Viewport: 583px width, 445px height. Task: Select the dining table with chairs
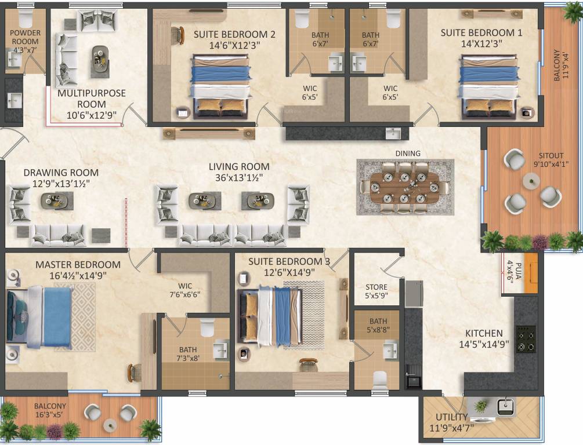(405, 187)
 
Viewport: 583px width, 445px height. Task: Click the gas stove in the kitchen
(526, 339)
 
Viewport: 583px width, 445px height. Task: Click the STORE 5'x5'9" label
(376, 291)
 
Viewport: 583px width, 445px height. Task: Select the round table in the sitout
(531, 182)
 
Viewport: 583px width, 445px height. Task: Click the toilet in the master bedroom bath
(208, 329)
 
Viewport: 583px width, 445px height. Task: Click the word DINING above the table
(408, 154)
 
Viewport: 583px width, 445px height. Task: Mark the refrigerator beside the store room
(414, 294)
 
